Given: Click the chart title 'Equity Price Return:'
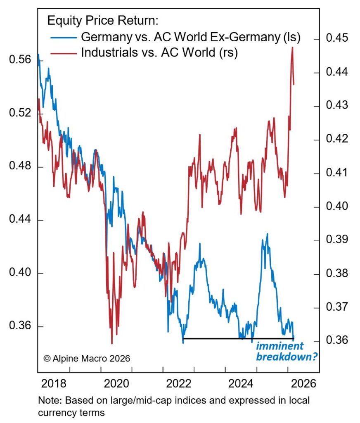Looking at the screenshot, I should click(x=103, y=20).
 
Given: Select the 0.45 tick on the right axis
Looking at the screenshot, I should click(x=337, y=39).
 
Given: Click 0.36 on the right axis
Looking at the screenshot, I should click(x=337, y=341).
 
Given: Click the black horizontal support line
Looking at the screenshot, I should click(x=237, y=339).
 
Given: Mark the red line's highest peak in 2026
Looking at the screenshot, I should click(x=292, y=47).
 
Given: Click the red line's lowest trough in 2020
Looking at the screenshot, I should click(x=111, y=343).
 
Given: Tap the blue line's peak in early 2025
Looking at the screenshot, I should click(x=267, y=234).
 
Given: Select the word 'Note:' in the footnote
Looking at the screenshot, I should click(x=48, y=401).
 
